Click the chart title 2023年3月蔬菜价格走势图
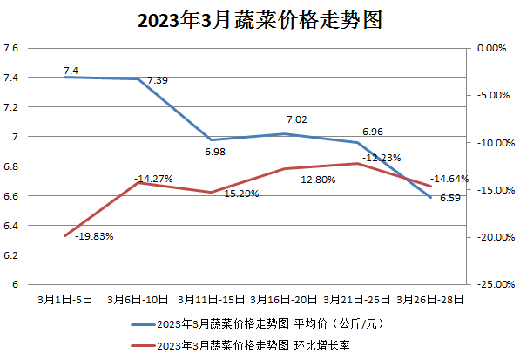coord(260,20)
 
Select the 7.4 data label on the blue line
coord(71,70)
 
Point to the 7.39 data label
coord(158,80)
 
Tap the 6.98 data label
coord(215,153)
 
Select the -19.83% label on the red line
coord(93,235)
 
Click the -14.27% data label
coord(153,179)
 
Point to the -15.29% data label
coord(239,194)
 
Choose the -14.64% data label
coord(449,179)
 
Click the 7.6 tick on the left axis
coord(11,48)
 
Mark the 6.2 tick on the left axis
coord(11,255)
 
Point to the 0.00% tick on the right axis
coord(490,48)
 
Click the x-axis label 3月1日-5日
coord(65,299)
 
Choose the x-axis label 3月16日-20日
coord(284,299)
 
